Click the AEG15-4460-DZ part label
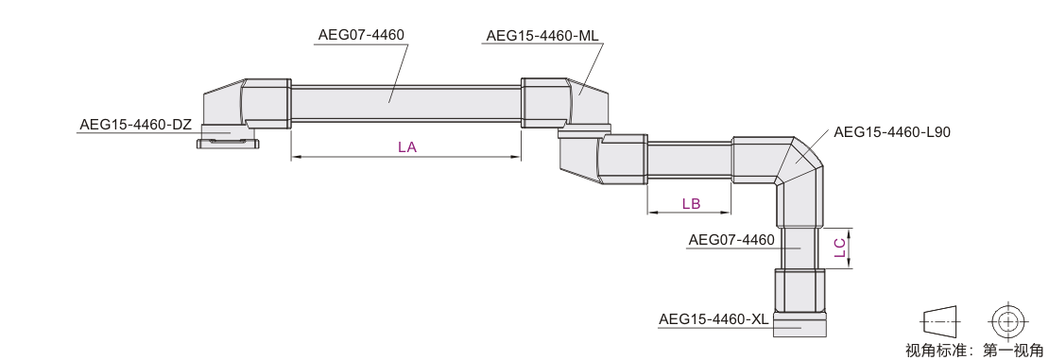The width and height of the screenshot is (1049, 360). tap(136, 125)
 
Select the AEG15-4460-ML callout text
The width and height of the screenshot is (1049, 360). tap(542, 36)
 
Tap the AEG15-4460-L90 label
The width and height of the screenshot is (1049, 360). tap(892, 132)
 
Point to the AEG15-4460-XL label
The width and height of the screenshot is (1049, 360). tap(714, 319)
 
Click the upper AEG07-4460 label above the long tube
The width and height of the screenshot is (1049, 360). tap(361, 35)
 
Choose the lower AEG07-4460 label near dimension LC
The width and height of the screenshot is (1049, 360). tap(731, 240)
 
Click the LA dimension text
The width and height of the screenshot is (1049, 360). tap(407, 147)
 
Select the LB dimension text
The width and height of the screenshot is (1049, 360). tap(691, 203)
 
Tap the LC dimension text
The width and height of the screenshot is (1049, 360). tap(840, 249)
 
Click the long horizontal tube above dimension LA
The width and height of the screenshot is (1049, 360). tap(406, 103)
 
